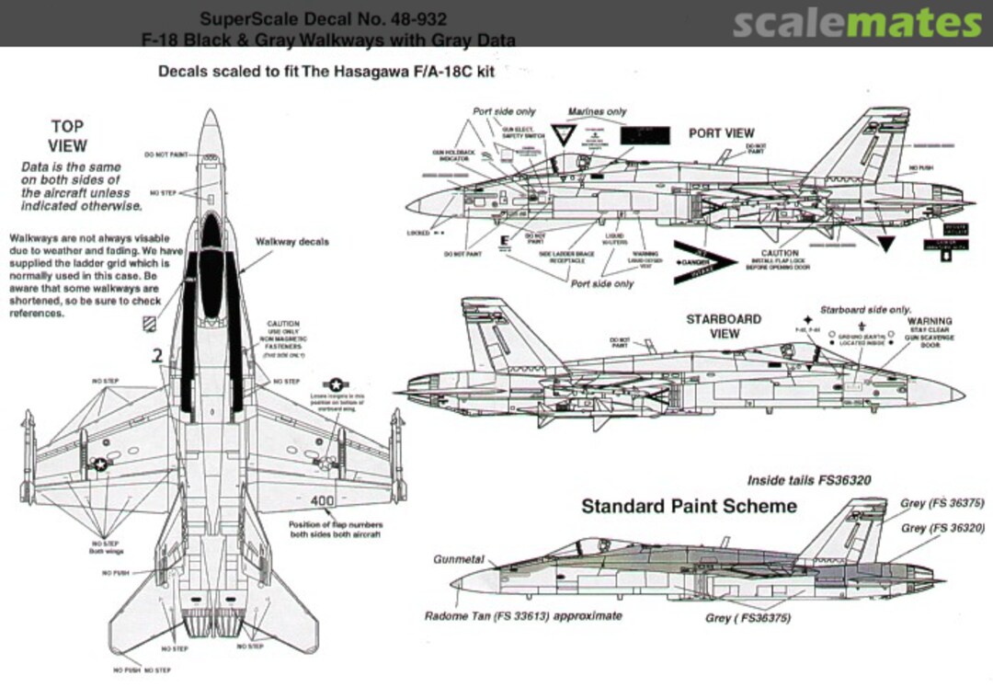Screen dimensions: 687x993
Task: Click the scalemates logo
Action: pyautogui.click(x=857, y=22)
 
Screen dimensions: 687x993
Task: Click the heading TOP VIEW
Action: pyautogui.click(x=67, y=136)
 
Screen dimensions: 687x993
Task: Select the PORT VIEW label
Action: pyautogui.click(x=722, y=133)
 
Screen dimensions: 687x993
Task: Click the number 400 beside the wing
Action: pyautogui.click(x=323, y=501)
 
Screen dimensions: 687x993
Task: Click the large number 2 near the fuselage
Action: pyautogui.click(x=157, y=356)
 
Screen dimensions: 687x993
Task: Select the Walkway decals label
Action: pyautogui.click(x=291, y=242)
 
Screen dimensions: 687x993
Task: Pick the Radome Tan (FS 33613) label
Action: pyautogui.click(x=523, y=615)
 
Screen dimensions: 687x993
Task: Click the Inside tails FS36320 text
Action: pyautogui.click(x=808, y=480)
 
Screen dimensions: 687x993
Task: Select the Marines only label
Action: pyautogui.click(x=597, y=111)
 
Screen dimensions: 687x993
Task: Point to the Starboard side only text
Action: pyautogui.click(x=865, y=310)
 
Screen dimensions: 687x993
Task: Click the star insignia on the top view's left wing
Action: pyautogui.click(x=100, y=465)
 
